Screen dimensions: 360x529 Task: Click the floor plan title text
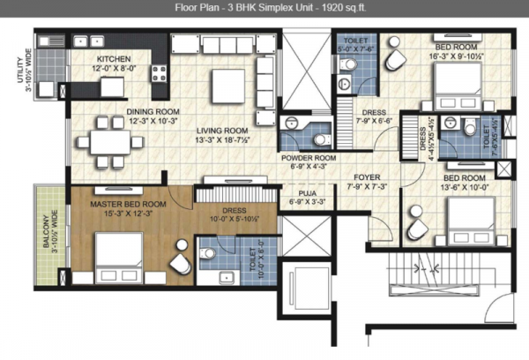[264, 9]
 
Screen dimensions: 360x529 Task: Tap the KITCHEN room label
[114, 57]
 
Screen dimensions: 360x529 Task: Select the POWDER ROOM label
[304, 156]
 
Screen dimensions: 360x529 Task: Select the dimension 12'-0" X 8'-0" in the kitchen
[114, 67]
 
